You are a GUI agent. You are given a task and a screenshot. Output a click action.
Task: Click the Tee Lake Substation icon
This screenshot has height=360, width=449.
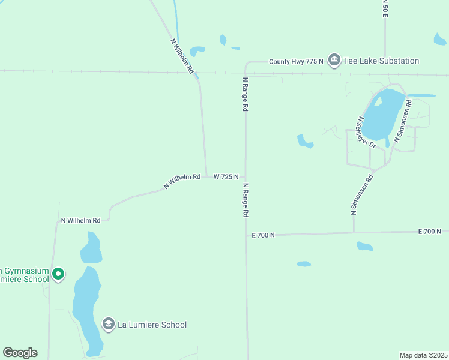click(x=334, y=61)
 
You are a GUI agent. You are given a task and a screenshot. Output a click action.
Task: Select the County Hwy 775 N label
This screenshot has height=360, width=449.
click(x=296, y=61)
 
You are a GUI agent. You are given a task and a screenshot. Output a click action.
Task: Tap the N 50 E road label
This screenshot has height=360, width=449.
click(x=385, y=8)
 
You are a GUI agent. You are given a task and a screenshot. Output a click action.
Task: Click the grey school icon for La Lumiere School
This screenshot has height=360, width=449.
click(x=108, y=325)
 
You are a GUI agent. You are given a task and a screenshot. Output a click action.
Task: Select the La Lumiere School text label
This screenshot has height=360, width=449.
click(x=152, y=325)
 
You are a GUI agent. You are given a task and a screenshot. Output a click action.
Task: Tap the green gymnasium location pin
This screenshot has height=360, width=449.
click(x=58, y=274)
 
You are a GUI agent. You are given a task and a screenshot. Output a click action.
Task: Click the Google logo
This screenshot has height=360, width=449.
click(x=20, y=353)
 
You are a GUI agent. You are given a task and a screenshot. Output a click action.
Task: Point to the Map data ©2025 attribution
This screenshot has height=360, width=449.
click(x=423, y=355)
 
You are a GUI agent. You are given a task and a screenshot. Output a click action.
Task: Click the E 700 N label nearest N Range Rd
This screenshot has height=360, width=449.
click(x=263, y=235)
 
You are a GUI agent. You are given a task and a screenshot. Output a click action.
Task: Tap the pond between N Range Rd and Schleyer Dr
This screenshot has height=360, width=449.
click(x=304, y=141)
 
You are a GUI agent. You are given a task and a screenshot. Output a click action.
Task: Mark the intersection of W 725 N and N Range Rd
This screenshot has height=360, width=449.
click(x=245, y=177)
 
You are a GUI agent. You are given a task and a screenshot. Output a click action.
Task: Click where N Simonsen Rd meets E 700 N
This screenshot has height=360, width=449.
click(x=354, y=233)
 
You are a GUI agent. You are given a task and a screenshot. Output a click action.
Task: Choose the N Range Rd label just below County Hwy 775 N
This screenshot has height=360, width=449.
click(x=245, y=95)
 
